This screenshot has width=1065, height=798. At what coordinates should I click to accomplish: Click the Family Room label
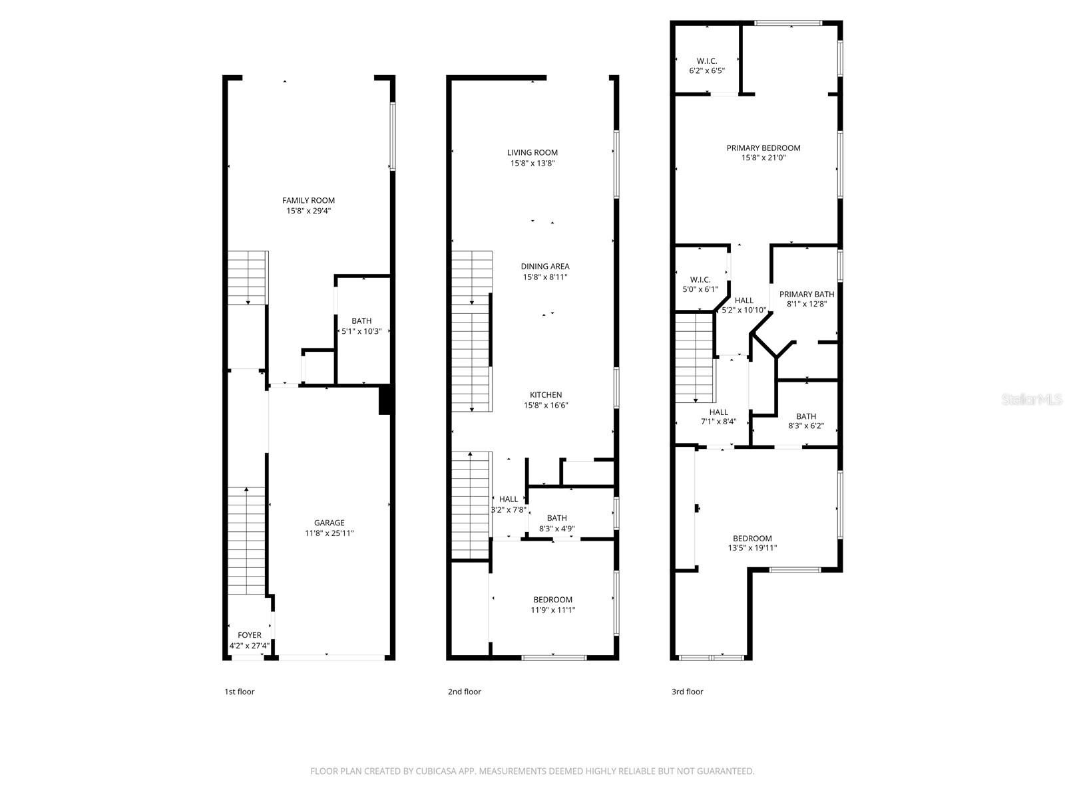pyautogui.click(x=308, y=200)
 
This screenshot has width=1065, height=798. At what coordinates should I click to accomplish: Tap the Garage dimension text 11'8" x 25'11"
pyautogui.click(x=329, y=533)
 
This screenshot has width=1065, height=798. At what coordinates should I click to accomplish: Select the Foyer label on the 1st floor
pyautogui.click(x=250, y=635)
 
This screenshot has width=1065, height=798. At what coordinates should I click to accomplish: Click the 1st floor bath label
pyautogui.click(x=361, y=321)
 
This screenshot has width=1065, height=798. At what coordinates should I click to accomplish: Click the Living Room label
pyautogui.click(x=532, y=152)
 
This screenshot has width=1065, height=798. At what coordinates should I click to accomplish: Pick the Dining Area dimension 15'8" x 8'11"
pyautogui.click(x=545, y=277)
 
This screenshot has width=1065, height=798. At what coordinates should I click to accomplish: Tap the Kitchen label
pyautogui.click(x=546, y=395)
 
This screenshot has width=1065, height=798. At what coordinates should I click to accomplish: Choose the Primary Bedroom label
pyautogui.click(x=763, y=148)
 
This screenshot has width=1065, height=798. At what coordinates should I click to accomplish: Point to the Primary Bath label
pyautogui.click(x=807, y=295)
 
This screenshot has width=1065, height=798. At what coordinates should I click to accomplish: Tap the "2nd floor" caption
pyautogui.click(x=464, y=692)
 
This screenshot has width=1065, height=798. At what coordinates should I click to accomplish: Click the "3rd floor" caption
pyautogui.click(x=687, y=692)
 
